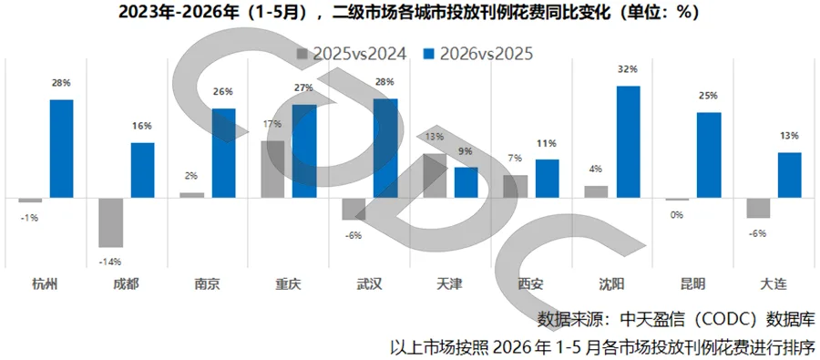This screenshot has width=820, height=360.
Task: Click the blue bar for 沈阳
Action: tap(628, 142)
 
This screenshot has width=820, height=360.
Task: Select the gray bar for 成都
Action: tap(111, 222)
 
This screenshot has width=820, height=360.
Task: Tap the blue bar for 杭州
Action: tap(61, 149)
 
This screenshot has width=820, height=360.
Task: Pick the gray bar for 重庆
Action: tap(272, 169)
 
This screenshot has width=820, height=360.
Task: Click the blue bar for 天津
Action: tap(466, 182)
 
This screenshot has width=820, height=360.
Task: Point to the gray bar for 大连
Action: tap(758, 208)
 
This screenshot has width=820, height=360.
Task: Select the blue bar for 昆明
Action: tap(709, 155)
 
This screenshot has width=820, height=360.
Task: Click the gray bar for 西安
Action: tap(515, 186)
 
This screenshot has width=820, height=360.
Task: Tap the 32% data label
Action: tap(629, 69)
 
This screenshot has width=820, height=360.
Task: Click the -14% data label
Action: tap(110, 262)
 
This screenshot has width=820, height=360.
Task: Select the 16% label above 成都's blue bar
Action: tap(143, 126)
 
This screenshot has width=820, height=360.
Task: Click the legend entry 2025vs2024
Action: tap(352, 54)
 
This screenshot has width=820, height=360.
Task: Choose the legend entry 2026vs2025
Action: tap(477, 54)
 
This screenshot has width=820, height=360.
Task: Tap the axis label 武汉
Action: tap(369, 284)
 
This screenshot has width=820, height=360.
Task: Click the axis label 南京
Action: tap(207, 284)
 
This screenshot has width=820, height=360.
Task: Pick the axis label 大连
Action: tap(774, 284)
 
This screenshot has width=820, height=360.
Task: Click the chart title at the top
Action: tap(409, 12)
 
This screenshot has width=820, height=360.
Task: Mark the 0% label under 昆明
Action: tap(677, 214)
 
